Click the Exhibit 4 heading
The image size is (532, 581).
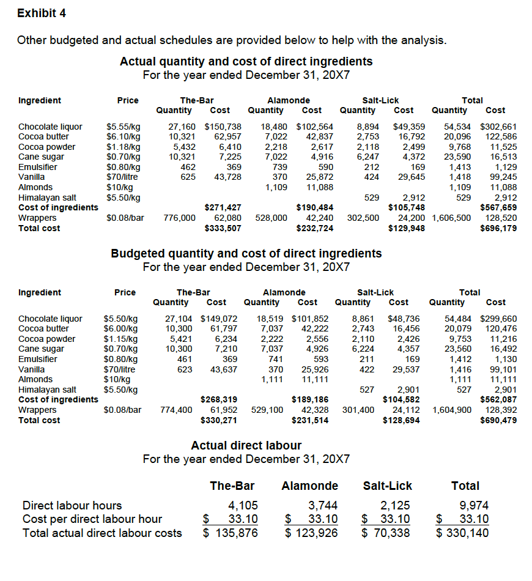(42, 13)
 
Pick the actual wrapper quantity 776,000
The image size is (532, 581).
(180, 218)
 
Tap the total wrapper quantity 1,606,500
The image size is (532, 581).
(451, 218)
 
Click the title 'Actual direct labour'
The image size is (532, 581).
(246, 445)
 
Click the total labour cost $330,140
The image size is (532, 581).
(465, 533)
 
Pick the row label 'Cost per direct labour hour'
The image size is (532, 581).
(92, 519)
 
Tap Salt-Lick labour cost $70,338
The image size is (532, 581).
(386, 533)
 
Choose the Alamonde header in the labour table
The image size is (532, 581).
(309, 486)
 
